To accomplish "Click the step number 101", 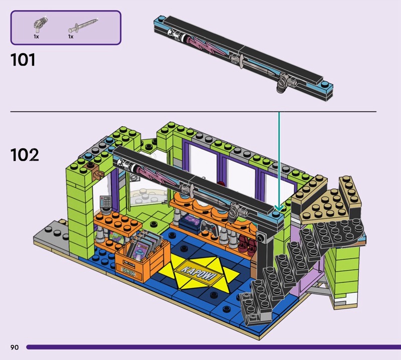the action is pos(23,60).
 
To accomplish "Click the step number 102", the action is pos(25,155).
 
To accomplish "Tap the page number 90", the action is pos(15,347).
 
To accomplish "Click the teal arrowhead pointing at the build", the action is pos(279,208).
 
